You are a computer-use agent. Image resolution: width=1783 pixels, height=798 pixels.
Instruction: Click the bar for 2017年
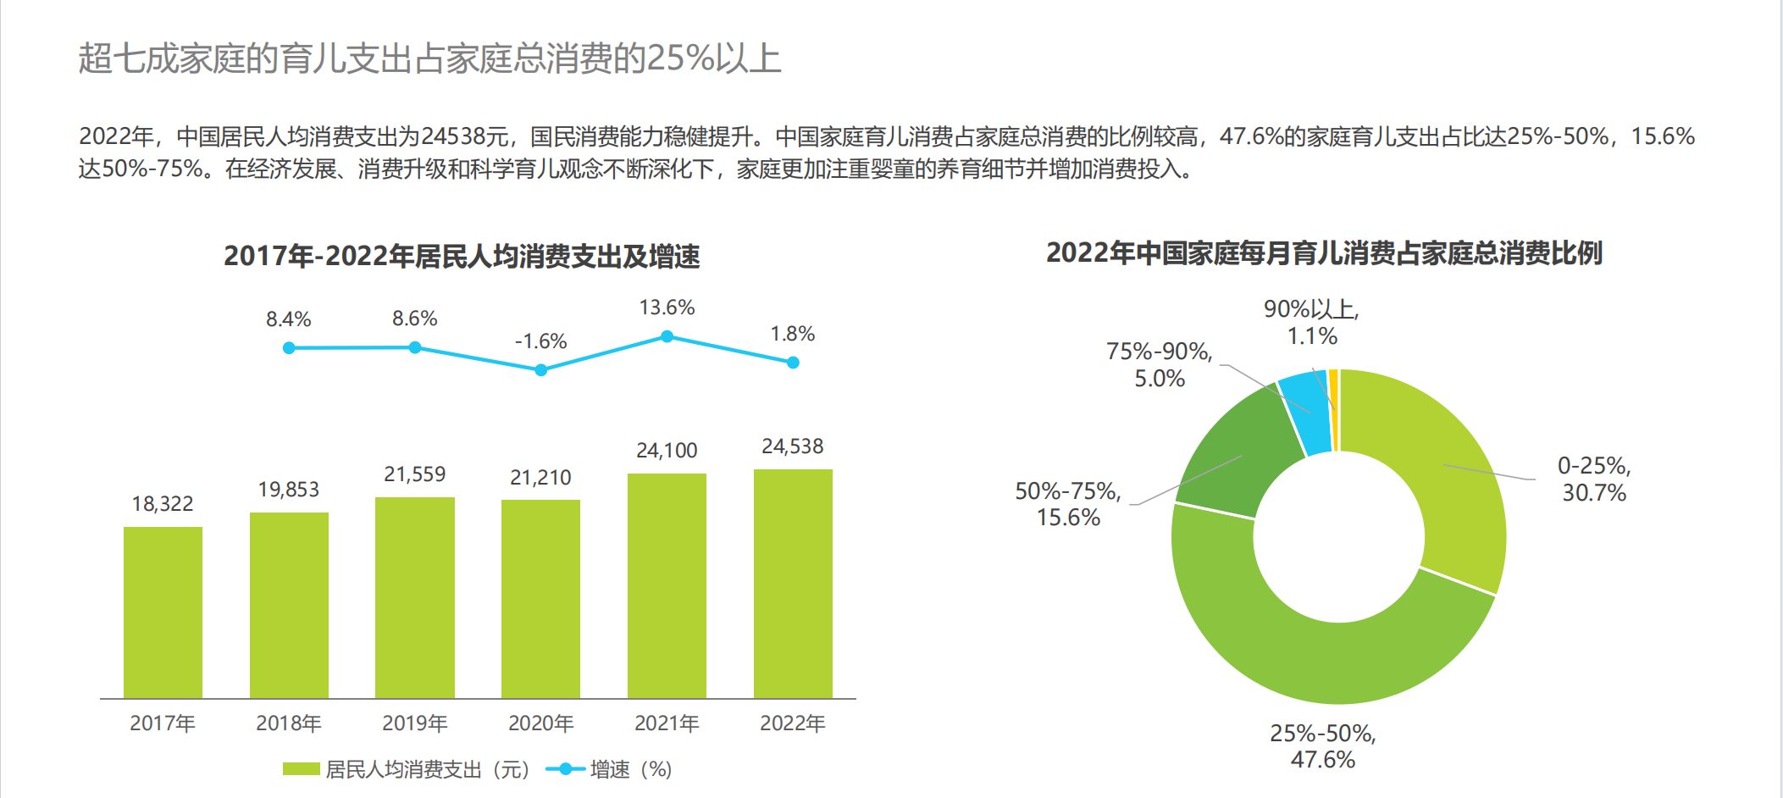coord(163,612)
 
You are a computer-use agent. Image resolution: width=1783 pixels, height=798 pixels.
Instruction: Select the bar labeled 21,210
coord(540,598)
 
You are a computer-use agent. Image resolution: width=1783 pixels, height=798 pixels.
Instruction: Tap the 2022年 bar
coord(793,583)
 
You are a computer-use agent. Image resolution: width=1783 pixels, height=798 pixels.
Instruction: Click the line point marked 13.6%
coord(667,336)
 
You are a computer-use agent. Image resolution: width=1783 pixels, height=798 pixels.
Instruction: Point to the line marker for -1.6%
coord(540,370)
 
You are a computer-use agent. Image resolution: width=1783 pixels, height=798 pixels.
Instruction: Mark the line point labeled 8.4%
coord(289,348)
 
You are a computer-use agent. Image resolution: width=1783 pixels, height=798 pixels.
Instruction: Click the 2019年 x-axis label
coord(414,723)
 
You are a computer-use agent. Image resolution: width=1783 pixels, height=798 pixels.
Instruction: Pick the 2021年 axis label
coord(667,723)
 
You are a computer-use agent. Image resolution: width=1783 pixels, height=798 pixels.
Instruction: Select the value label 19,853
coord(289,490)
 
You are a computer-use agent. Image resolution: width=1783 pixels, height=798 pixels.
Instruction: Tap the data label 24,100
coord(667,451)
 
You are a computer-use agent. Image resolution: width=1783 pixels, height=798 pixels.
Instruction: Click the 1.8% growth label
coord(792,335)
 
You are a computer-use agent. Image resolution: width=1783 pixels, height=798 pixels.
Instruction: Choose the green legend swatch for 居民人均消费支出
coord(301,769)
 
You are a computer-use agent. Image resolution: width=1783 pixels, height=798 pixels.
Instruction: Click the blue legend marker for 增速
coord(565,769)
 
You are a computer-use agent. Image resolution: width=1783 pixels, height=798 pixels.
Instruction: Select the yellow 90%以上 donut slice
coord(1334,410)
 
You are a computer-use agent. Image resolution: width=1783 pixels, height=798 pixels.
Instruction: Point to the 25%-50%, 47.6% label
coord(1322,746)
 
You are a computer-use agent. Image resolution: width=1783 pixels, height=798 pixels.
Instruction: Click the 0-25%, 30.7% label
coord(1593,479)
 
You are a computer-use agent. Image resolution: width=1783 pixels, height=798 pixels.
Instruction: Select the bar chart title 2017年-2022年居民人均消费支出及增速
coord(462,256)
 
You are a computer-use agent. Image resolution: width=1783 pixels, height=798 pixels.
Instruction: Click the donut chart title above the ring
coord(1324,252)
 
